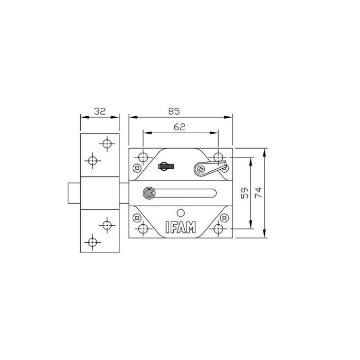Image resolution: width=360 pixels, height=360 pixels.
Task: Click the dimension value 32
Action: (100, 111)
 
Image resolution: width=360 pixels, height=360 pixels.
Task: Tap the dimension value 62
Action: (179, 127)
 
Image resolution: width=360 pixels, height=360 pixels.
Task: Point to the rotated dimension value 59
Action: (245, 193)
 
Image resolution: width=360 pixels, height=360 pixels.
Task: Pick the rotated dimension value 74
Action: (259, 193)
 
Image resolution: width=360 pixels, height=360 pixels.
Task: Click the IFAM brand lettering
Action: (180, 227)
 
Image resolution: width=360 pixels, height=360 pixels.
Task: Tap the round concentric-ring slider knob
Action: (149, 193)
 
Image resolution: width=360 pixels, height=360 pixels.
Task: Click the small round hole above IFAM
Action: (180, 212)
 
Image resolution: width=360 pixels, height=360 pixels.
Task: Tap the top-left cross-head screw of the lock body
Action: (137, 167)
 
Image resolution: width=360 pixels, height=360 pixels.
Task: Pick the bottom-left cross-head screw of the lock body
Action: (137, 218)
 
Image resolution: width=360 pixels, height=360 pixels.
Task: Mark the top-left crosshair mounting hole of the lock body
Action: (142, 157)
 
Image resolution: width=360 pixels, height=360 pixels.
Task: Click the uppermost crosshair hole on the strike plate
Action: (107, 143)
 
